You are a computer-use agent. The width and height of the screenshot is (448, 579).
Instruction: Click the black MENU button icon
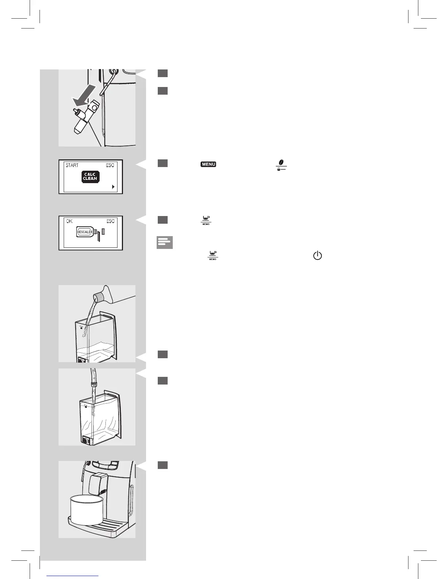208,164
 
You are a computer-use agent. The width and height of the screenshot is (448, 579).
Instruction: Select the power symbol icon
317,256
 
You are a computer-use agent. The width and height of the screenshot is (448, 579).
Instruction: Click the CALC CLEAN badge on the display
90,177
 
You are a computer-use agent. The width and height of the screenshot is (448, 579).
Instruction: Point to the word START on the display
72,165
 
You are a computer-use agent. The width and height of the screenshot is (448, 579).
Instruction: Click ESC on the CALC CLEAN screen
110,165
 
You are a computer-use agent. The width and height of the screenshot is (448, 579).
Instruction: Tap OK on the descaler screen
70,221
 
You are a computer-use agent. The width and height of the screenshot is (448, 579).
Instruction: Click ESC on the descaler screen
110,221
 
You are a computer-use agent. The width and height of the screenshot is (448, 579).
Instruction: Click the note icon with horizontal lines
165,242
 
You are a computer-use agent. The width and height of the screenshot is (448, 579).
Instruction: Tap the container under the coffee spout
85,510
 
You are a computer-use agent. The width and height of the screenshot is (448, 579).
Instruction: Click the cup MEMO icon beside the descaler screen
206,220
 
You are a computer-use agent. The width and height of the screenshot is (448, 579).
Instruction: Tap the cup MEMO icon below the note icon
213,256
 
